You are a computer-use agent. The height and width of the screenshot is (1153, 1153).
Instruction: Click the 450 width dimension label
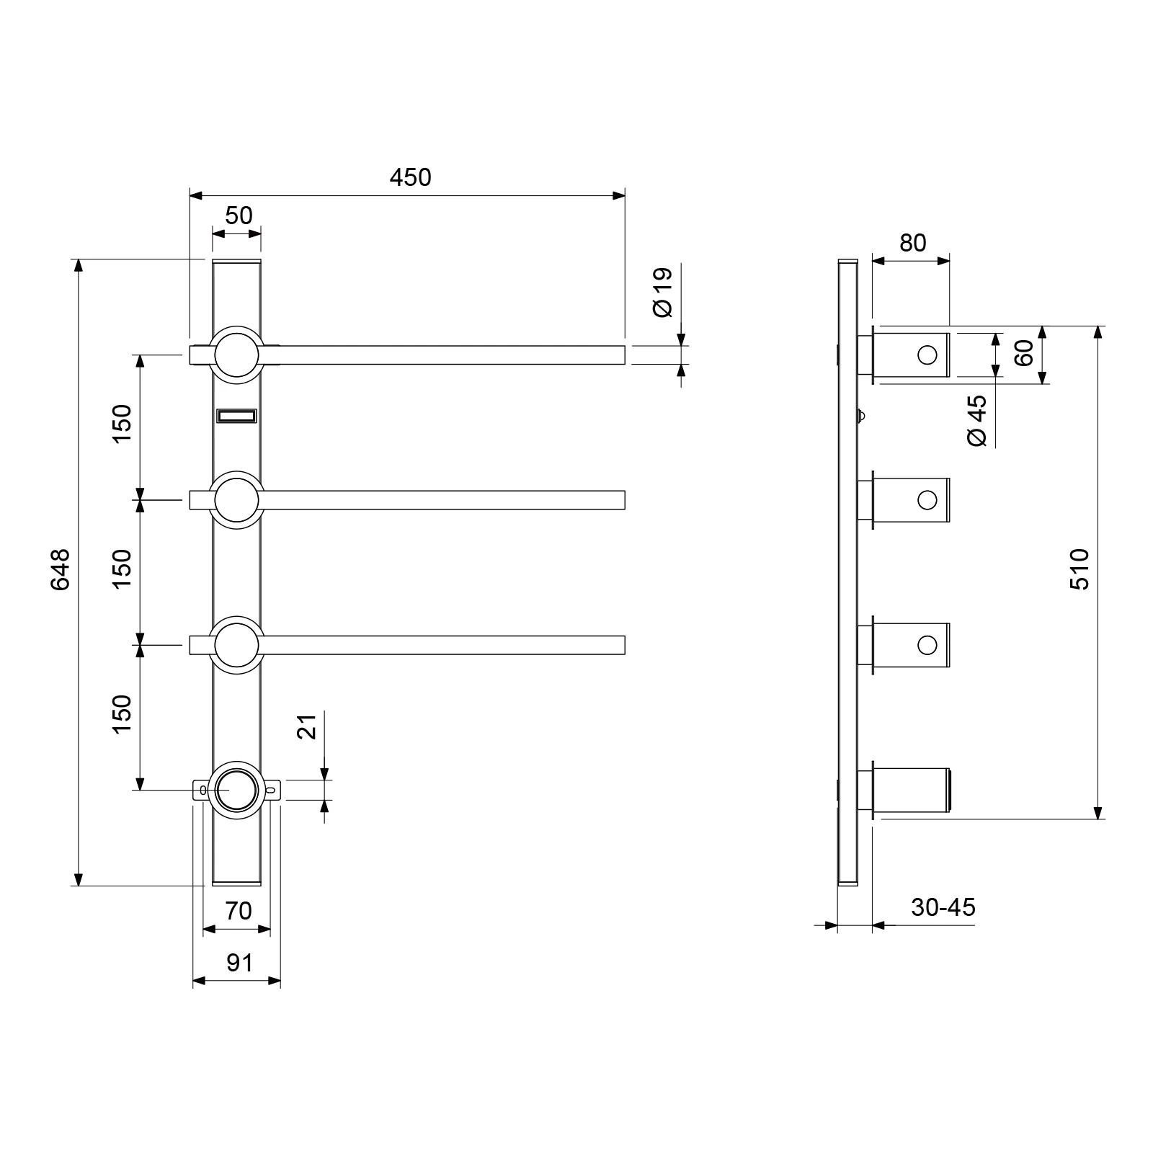click(x=410, y=177)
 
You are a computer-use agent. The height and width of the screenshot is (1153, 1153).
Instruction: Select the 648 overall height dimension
click(x=61, y=569)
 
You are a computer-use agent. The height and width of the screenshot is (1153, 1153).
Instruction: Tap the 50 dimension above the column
click(x=239, y=215)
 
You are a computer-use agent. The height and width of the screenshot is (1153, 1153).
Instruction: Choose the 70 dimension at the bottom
click(x=238, y=911)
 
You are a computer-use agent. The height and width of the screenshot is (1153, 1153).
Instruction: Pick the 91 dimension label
click(x=239, y=963)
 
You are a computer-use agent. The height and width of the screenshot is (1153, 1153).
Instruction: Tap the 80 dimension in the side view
click(x=912, y=243)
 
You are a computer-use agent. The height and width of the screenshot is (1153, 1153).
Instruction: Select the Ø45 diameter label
click(x=978, y=421)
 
